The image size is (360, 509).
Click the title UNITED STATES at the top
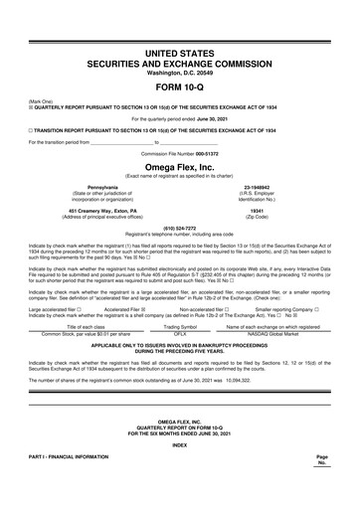180,49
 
